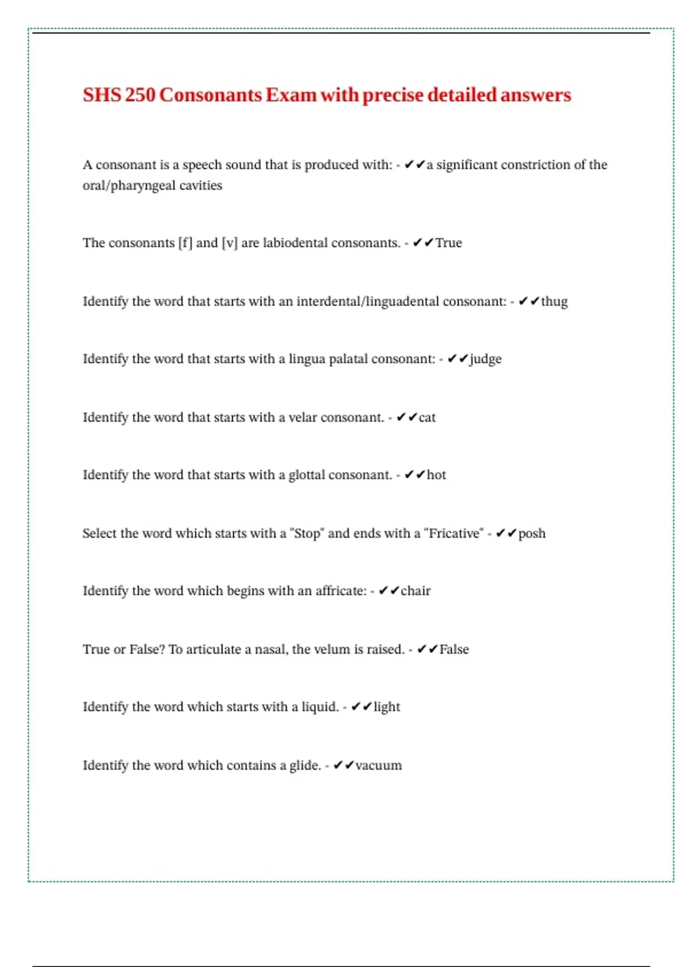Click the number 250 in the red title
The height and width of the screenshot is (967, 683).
(140, 95)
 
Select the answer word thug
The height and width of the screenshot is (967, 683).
(554, 301)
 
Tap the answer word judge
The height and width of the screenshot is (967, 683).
(485, 359)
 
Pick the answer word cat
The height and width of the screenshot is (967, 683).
(427, 418)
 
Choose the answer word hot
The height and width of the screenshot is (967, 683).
(436, 475)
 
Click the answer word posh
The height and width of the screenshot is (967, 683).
(532, 534)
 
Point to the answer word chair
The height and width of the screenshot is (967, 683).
(415, 591)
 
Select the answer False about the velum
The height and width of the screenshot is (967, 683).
(454, 650)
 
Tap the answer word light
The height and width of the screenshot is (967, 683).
(386, 707)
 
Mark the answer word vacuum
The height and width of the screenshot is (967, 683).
(378, 766)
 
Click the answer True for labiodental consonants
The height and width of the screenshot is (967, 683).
(449, 243)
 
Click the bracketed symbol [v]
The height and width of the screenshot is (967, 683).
(229, 243)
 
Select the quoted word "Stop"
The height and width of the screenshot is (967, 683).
(307, 534)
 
